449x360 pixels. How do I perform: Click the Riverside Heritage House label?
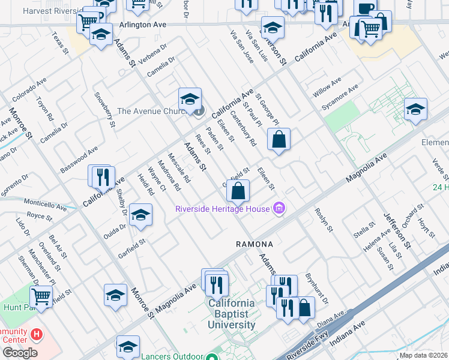[x=222, y=209]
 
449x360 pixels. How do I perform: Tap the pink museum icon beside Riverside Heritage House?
[x=279, y=209]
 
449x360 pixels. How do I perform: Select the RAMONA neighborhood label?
[x=255, y=245]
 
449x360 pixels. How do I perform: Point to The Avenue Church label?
[x=153, y=110]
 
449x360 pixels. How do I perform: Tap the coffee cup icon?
[x=365, y=8]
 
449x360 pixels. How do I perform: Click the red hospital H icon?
[x=37, y=334]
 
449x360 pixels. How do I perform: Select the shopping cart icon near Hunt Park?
[x=41, y=296]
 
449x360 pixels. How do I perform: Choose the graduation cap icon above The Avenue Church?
[x=190, y=99]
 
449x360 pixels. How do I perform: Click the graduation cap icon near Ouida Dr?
[x=140, y=215]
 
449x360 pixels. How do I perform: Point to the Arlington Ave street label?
[x=142, y=25]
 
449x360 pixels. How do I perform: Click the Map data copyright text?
[x=423, y=355]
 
